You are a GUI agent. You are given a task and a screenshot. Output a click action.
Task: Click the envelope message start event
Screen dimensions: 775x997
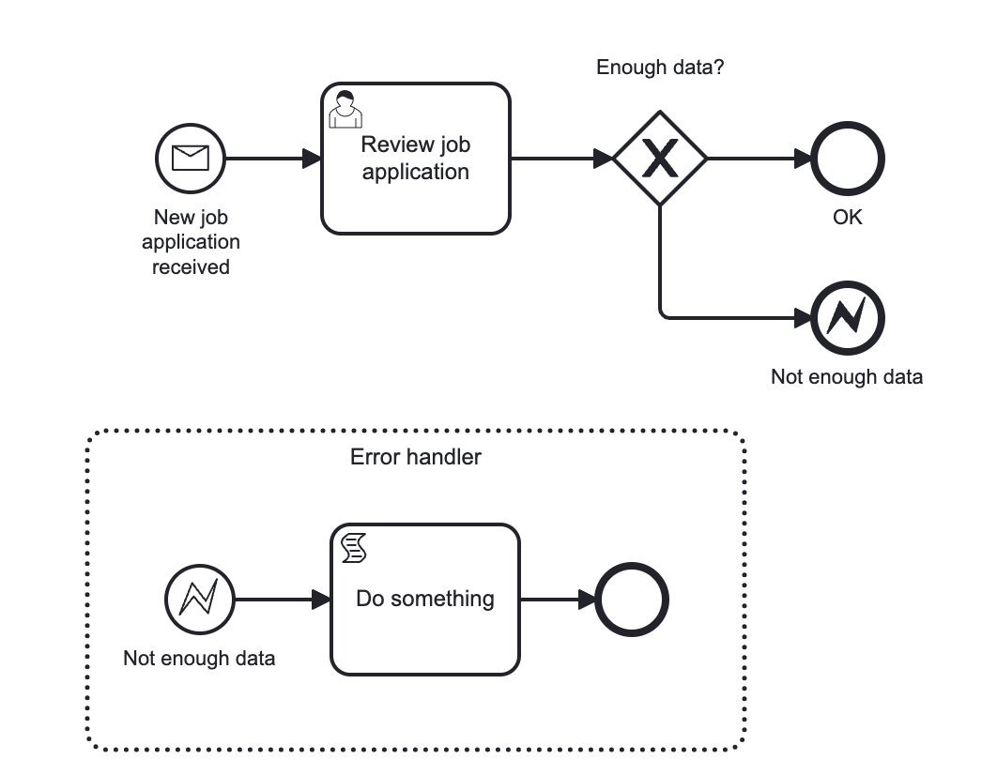(191, 159)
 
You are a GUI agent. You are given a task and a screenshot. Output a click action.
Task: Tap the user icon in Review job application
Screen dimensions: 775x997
(345, 109)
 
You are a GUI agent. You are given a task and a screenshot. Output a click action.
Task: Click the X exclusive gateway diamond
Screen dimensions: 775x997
(660, 159)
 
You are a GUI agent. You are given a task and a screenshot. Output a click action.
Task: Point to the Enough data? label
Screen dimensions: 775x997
(660, 68)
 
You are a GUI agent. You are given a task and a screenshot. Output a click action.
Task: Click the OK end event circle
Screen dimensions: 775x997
(848, 159)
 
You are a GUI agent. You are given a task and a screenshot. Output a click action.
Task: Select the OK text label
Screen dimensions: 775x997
(848, 218)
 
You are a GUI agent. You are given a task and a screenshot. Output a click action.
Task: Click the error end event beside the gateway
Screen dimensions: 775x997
(848, 318)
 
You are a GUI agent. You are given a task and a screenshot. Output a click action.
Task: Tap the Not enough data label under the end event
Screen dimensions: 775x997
(847, 377)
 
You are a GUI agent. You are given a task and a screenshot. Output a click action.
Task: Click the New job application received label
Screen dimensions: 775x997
(192, 242)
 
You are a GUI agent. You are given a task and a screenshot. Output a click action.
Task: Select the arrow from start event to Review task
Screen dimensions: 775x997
(273, 159)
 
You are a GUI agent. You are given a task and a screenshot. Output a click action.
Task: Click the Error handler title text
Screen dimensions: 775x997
(416, 457)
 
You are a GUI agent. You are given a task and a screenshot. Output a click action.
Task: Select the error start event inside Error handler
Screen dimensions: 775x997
(199, 600)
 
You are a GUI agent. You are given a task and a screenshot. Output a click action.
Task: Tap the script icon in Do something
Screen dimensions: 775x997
(354, 548)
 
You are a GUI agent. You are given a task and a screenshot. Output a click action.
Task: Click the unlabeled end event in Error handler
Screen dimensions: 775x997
(632, 600)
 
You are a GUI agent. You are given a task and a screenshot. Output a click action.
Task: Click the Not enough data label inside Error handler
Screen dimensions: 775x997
(199, 659)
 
